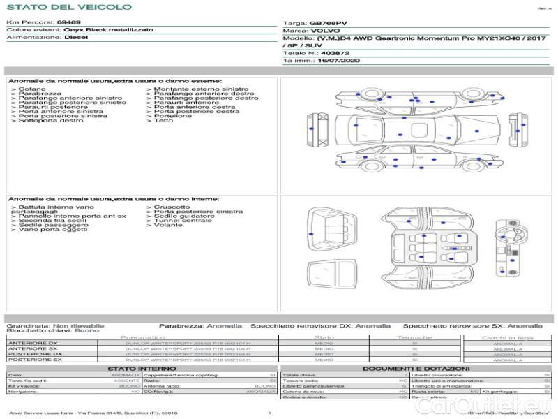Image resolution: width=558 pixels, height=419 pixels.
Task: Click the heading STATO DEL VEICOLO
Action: point(68,7)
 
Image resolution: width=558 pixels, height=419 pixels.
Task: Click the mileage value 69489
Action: point(68,22)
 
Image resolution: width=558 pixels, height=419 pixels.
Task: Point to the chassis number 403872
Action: point(335,53)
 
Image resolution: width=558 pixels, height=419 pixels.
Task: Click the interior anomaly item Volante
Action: point(168,226)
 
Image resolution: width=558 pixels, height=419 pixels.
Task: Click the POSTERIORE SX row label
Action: point(33,360)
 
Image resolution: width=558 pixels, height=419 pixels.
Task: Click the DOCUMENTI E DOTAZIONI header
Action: point(416,369)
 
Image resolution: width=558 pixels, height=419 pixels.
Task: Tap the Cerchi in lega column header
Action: point(507,338)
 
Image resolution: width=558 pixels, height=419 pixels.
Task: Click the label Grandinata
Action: point(28,325)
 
